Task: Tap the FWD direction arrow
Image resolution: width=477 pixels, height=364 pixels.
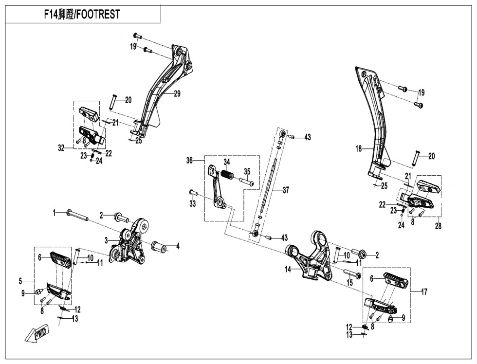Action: pyautogui.click(x=36, y=334)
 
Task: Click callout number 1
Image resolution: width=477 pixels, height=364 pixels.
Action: pyautogui.click(x=55, y=212)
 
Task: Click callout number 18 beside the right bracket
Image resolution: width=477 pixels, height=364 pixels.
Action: pyautogui.click(x=359, y=148)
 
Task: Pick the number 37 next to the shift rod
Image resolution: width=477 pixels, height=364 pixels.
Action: pyautogui.click(x=286, y=190)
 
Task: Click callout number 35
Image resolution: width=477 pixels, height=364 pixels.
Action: pyautogui.click(x=247, y=171)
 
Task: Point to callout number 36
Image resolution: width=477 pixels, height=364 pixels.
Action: pyautogui.click(x=190, y=160)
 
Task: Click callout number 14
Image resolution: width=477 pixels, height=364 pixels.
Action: pyautogui.click(x=288, y=269)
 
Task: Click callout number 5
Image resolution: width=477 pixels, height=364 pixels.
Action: pyautogui.click(x=20, y=281)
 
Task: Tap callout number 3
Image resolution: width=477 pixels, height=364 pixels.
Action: pyautogui.click(x=105, y=240)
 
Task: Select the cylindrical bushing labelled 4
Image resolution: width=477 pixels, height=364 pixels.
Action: pyautogui.click(x=159, y=247)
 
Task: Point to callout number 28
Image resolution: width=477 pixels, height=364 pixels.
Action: pyautogui.click(x=438, y=226)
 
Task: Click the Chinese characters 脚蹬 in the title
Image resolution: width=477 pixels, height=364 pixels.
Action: pyautogui.click(x=65, y=15)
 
